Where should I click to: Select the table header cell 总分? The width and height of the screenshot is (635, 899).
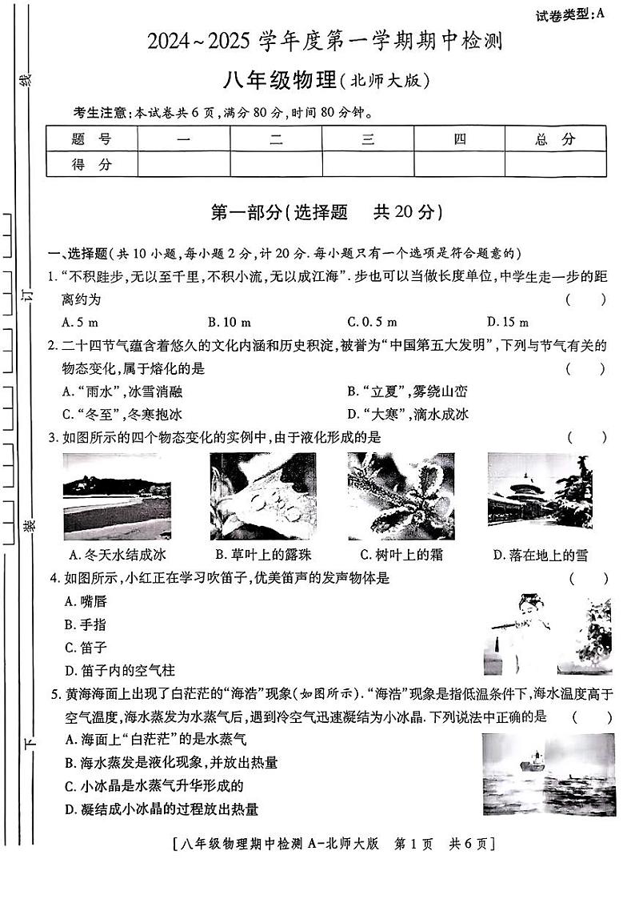point(555,139)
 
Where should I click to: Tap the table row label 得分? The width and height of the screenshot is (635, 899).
point(92,165)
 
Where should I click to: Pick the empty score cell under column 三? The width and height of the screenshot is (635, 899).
point(368,165)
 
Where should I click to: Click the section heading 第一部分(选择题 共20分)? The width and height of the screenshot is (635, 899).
point(325,212)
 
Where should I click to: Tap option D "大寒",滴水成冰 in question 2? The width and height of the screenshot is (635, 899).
point(408,414)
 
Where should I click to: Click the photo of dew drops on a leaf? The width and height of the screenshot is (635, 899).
point(262,496)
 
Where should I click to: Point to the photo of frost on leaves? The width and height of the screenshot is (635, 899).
point(401,496)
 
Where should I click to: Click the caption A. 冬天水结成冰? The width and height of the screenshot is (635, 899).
point(118,555)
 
